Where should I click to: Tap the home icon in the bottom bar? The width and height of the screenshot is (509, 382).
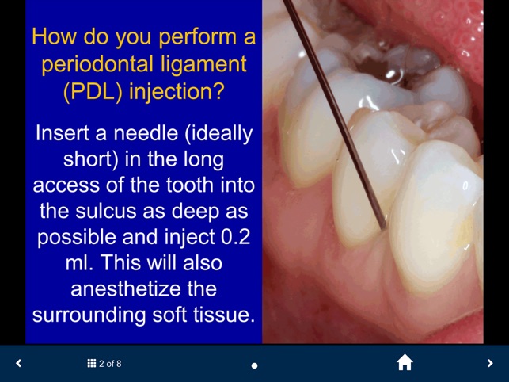click(405, 362)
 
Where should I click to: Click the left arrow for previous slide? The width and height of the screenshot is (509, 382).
click(19, 363)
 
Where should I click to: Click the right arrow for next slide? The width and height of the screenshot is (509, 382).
click(490, 363)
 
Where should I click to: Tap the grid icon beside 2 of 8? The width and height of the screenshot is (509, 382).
click(91, 364)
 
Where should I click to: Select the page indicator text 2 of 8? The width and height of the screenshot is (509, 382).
click(110, 364)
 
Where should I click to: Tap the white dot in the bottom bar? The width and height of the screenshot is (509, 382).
click(254, 365)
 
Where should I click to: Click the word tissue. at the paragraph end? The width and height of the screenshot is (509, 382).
click(221, 315)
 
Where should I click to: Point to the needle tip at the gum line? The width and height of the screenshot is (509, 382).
click(385, 228)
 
